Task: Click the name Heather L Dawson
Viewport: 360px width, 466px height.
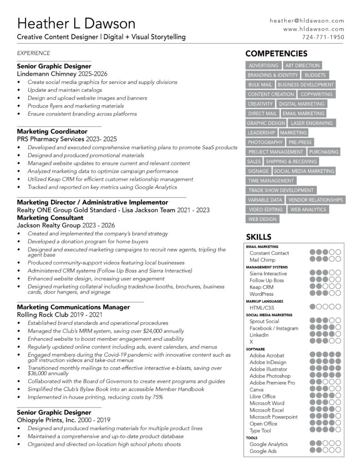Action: (76, 23)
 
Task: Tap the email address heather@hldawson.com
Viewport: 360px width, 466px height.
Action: (307, 21)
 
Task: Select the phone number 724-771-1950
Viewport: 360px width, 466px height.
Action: (323, 37)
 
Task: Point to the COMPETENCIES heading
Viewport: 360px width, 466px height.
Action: (277, 54)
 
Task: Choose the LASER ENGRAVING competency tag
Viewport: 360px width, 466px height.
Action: (312, 123)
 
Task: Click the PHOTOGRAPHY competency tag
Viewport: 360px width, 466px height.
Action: (265, 142)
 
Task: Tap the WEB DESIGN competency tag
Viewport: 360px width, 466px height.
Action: (262, 219)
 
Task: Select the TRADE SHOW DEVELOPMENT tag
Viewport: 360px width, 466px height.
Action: (281, 190)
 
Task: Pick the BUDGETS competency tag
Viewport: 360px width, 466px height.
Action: (315, 75)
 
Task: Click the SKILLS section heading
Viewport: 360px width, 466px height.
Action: (259, 237)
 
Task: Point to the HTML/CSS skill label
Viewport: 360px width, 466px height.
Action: (262, 308)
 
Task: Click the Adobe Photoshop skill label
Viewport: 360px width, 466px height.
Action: (270, 376)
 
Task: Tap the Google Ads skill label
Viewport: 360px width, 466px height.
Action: (263, 451)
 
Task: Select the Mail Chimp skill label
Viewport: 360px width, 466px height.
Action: (263, 259)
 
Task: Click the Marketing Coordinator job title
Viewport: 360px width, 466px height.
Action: (52, 132)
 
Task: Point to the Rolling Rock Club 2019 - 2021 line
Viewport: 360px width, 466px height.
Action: (60, 314)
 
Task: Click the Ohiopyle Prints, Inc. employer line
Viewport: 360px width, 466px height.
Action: (63, 420)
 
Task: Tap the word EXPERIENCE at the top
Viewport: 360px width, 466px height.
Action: (34, 53)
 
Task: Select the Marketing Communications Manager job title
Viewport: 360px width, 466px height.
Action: (73, 307)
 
